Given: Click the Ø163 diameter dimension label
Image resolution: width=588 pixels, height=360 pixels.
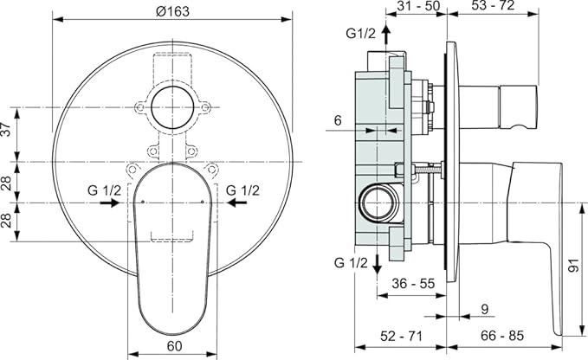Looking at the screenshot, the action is tap(173, 11).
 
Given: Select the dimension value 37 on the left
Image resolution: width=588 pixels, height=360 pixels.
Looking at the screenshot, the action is tap(6, 129).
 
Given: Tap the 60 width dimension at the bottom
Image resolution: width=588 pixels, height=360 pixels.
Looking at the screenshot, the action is tap(174, 346).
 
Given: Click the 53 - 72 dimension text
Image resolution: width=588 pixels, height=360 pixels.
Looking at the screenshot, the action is tap(493, 5).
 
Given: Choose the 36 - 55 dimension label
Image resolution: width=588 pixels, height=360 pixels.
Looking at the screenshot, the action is tap(413, 284).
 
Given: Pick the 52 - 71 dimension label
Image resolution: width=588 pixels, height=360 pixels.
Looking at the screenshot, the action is tap(401, 336).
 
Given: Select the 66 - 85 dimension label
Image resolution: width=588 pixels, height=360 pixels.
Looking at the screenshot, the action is tap(502, 336).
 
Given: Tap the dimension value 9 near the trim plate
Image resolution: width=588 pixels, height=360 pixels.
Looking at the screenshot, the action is tap(485, 309).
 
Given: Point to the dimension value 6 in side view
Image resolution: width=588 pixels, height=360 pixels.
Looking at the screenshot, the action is tap(339, 120).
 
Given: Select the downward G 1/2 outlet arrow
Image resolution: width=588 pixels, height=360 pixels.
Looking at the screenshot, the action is tap(377, 265).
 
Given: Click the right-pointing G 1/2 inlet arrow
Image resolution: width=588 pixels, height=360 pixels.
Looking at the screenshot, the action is tap(109, 202).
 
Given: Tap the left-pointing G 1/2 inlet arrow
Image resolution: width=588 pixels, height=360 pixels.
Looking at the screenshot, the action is tap(237, 202).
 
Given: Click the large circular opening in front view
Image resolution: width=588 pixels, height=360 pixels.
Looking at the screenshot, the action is tap(172, 107).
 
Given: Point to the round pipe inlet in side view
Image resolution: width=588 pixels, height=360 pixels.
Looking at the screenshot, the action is tap(377, 203).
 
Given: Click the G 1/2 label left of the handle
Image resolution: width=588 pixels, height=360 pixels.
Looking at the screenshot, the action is tap(104, 190).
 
